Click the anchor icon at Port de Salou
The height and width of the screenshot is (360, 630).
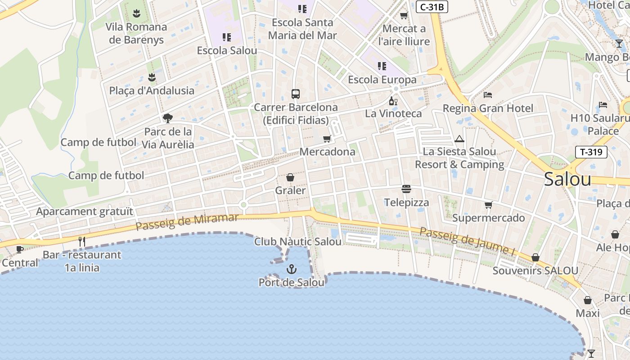pyautogui.click(x=292, y=269)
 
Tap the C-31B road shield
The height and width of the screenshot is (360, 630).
pyautogui.click(x=432, y=7)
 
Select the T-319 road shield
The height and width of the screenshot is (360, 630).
pyautogui.click(x=591, y=152)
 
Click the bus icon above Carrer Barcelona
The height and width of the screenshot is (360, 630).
pyautogui.click(x=295, y=94)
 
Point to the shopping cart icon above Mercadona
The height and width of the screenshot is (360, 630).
pyautogui.click(x=327, y=139)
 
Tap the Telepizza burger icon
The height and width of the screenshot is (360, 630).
pyautogui.click(x=406, y=189)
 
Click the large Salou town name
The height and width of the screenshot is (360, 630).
pyautogui.click(x=567, y=179)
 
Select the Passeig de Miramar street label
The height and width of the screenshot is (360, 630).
pyautogui.click(x=187, y=221)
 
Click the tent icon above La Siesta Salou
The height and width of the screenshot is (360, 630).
pyautogui.click(x=459, y=139)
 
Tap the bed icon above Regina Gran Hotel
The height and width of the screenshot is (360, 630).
pyautogui.click(x=488, y=95)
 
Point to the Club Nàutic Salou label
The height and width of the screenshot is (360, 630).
pyautogui.click(x=298, y=242)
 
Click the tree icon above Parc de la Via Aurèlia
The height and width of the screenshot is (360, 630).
pyautogui.click(x=168, y=118)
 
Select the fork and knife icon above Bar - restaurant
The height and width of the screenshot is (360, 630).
pyautogui.click(x=82, y=242)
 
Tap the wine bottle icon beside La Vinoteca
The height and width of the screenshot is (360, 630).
pyautogui.click(x=393, y=101)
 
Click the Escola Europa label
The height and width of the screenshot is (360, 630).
pyautogui.click(x=382, y=80)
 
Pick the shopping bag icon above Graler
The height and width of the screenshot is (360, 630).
pyautogui.click(x=290, y=178)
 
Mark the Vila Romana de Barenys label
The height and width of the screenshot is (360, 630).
pyautogui.click(x=136, y=33)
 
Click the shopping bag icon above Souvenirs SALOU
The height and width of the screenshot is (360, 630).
pyautogui.click(x=535, y=257)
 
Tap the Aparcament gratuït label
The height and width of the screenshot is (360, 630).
pyautogui.click(x=85, y=211)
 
